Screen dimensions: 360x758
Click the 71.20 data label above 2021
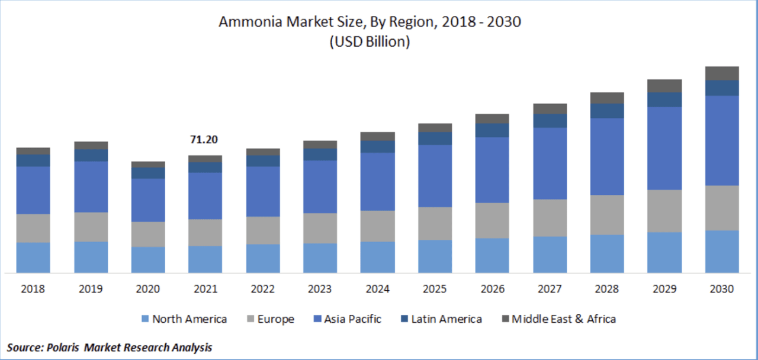pyautogui.click(x=204, y=140)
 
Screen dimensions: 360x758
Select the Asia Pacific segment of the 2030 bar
pyautogui.click(x=722, y=140)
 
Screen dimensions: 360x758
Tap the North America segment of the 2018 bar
pyautogui.click(x=33, y=258)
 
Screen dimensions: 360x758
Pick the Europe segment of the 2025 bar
pyautogui.click(x=435, y=223)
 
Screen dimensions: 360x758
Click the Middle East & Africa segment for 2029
pyautogui.click(x=664, y=86)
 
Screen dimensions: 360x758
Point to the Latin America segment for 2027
pyautogui.click(x=550, y=121)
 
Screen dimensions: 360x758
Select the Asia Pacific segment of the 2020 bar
pyautogui.click(x=148, y=200)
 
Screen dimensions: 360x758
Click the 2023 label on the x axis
pyautogui.click(x=320, y=290)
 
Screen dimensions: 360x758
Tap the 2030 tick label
pyautogui.click(x=722, y=290)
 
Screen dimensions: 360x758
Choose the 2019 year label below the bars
pyautogui.click(x=91, y=290)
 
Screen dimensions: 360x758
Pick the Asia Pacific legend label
pyautogui.click(x=352, y=319)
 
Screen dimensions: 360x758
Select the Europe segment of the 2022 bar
pyautogui.click(x=263, y=230)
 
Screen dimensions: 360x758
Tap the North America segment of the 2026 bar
pyautogui.click(x=492, y=256)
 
